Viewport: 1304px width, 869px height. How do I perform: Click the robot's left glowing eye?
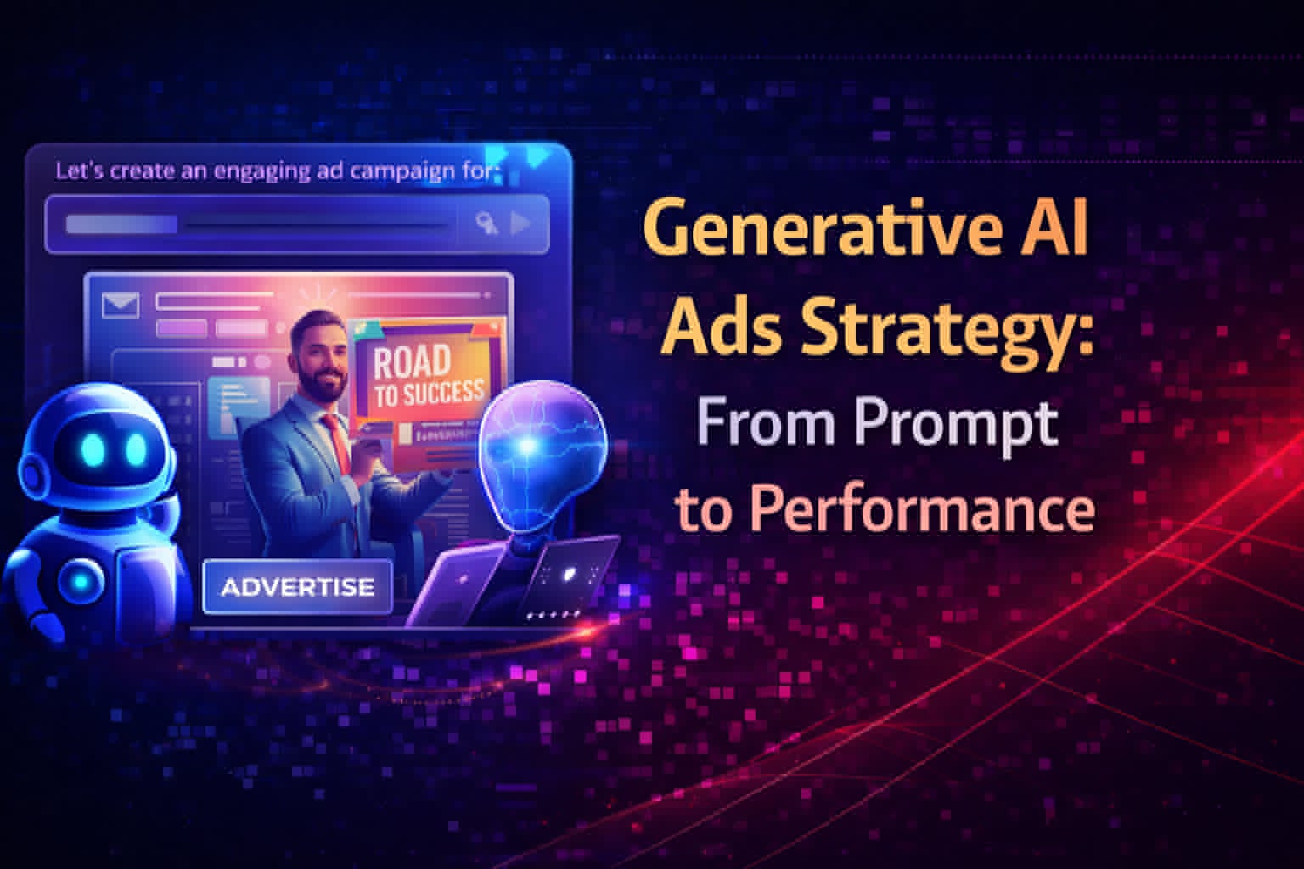pyautogui.click(x=92, y=446)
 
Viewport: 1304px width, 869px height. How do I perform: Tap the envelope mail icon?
pyautogui.click(x=120, y=305)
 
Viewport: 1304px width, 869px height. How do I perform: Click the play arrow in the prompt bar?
pyautogui.click(x=519, y=224)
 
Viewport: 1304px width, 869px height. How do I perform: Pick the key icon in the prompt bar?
pyautogui.click(x=486, y=224)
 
